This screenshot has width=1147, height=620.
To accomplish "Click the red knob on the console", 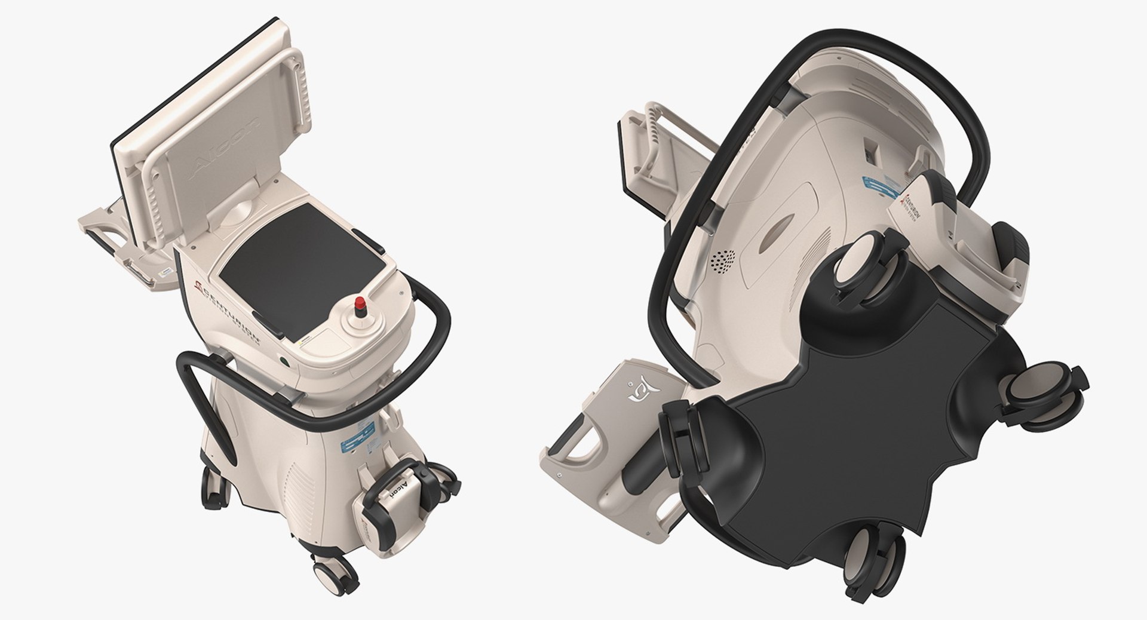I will click(x=360, y=304).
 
